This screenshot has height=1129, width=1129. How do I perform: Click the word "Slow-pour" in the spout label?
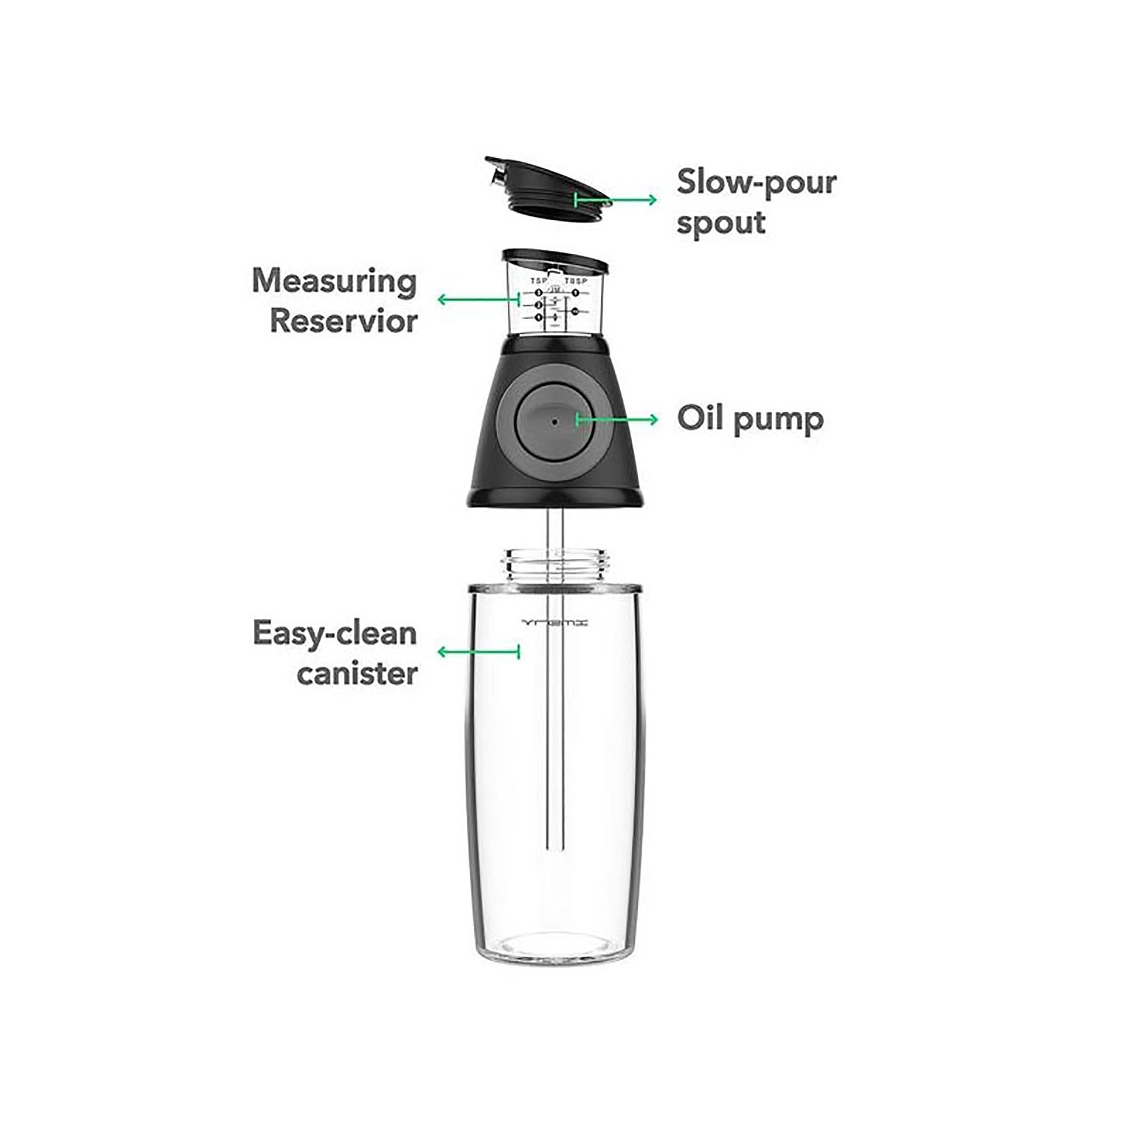coord(756,183)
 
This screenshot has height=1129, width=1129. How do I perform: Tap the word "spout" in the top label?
coord(721,224)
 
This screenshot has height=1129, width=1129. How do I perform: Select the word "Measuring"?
coord(334,282)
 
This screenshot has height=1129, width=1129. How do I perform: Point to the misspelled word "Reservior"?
coord(344,321)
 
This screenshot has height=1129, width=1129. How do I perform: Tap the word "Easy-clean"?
coord(334,634)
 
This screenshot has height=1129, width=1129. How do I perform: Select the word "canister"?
coord(357,674)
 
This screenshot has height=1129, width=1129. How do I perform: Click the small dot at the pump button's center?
coord(554,421)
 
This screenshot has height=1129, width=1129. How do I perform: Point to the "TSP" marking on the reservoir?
coord(539,281)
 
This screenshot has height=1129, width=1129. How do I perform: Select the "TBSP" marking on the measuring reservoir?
coord(576,281)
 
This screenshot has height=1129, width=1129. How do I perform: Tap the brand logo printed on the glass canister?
coord(555,623)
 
